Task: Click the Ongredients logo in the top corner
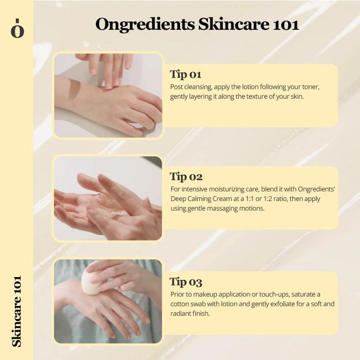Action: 17,28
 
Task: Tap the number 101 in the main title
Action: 285,24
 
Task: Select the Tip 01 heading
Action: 185,74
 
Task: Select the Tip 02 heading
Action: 186,177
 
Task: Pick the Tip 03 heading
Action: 186,282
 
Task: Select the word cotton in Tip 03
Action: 180,304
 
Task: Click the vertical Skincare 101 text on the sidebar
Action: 17,311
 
